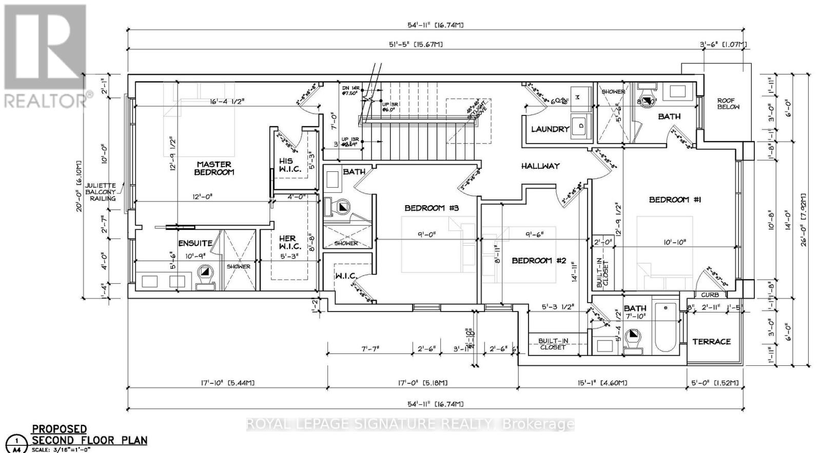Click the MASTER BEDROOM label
[x=214, y=168]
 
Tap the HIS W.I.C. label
[x=286, y=165]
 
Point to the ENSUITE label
[x=195, y=243]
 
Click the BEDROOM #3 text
[x=431, y=208]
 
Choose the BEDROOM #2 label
[x=538, y=261]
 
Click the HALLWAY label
[x=540, y=166]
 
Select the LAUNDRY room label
[x=550, y=129]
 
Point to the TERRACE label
[x=711, y=341]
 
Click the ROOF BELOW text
[x=728, y=104]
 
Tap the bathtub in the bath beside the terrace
[x=666, y=327]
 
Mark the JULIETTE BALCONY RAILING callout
[x=101, y=192]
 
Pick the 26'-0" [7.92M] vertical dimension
[x=804, y=220]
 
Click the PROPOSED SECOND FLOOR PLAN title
[x=89, y=435]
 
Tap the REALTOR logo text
[x=46, y=100]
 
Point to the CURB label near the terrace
[x=710, y=295]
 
